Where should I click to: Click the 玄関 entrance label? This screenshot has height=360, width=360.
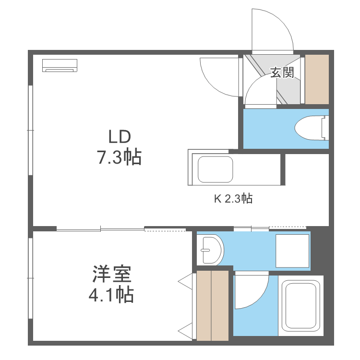(x=282, y=72)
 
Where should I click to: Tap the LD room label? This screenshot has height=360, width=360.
(x=119, y=138)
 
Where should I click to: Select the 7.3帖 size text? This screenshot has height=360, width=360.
(x=120, y=157)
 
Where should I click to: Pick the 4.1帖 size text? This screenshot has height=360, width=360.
(x=111, y=294)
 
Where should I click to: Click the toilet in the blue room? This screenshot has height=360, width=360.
(x=311, y=128)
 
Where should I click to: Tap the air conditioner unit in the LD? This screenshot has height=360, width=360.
(x=60, y=65)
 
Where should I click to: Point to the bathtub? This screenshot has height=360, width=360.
(x=302, y=305)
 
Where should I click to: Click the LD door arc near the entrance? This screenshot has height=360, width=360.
(x=218, y=75)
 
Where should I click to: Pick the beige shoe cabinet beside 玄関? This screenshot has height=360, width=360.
(x=317, y=79)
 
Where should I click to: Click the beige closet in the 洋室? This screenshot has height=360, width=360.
(x=213, y=306)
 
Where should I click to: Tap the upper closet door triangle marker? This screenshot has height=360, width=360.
(x=185, y=281)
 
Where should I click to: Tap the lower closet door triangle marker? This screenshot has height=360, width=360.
(x=185, y=330)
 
